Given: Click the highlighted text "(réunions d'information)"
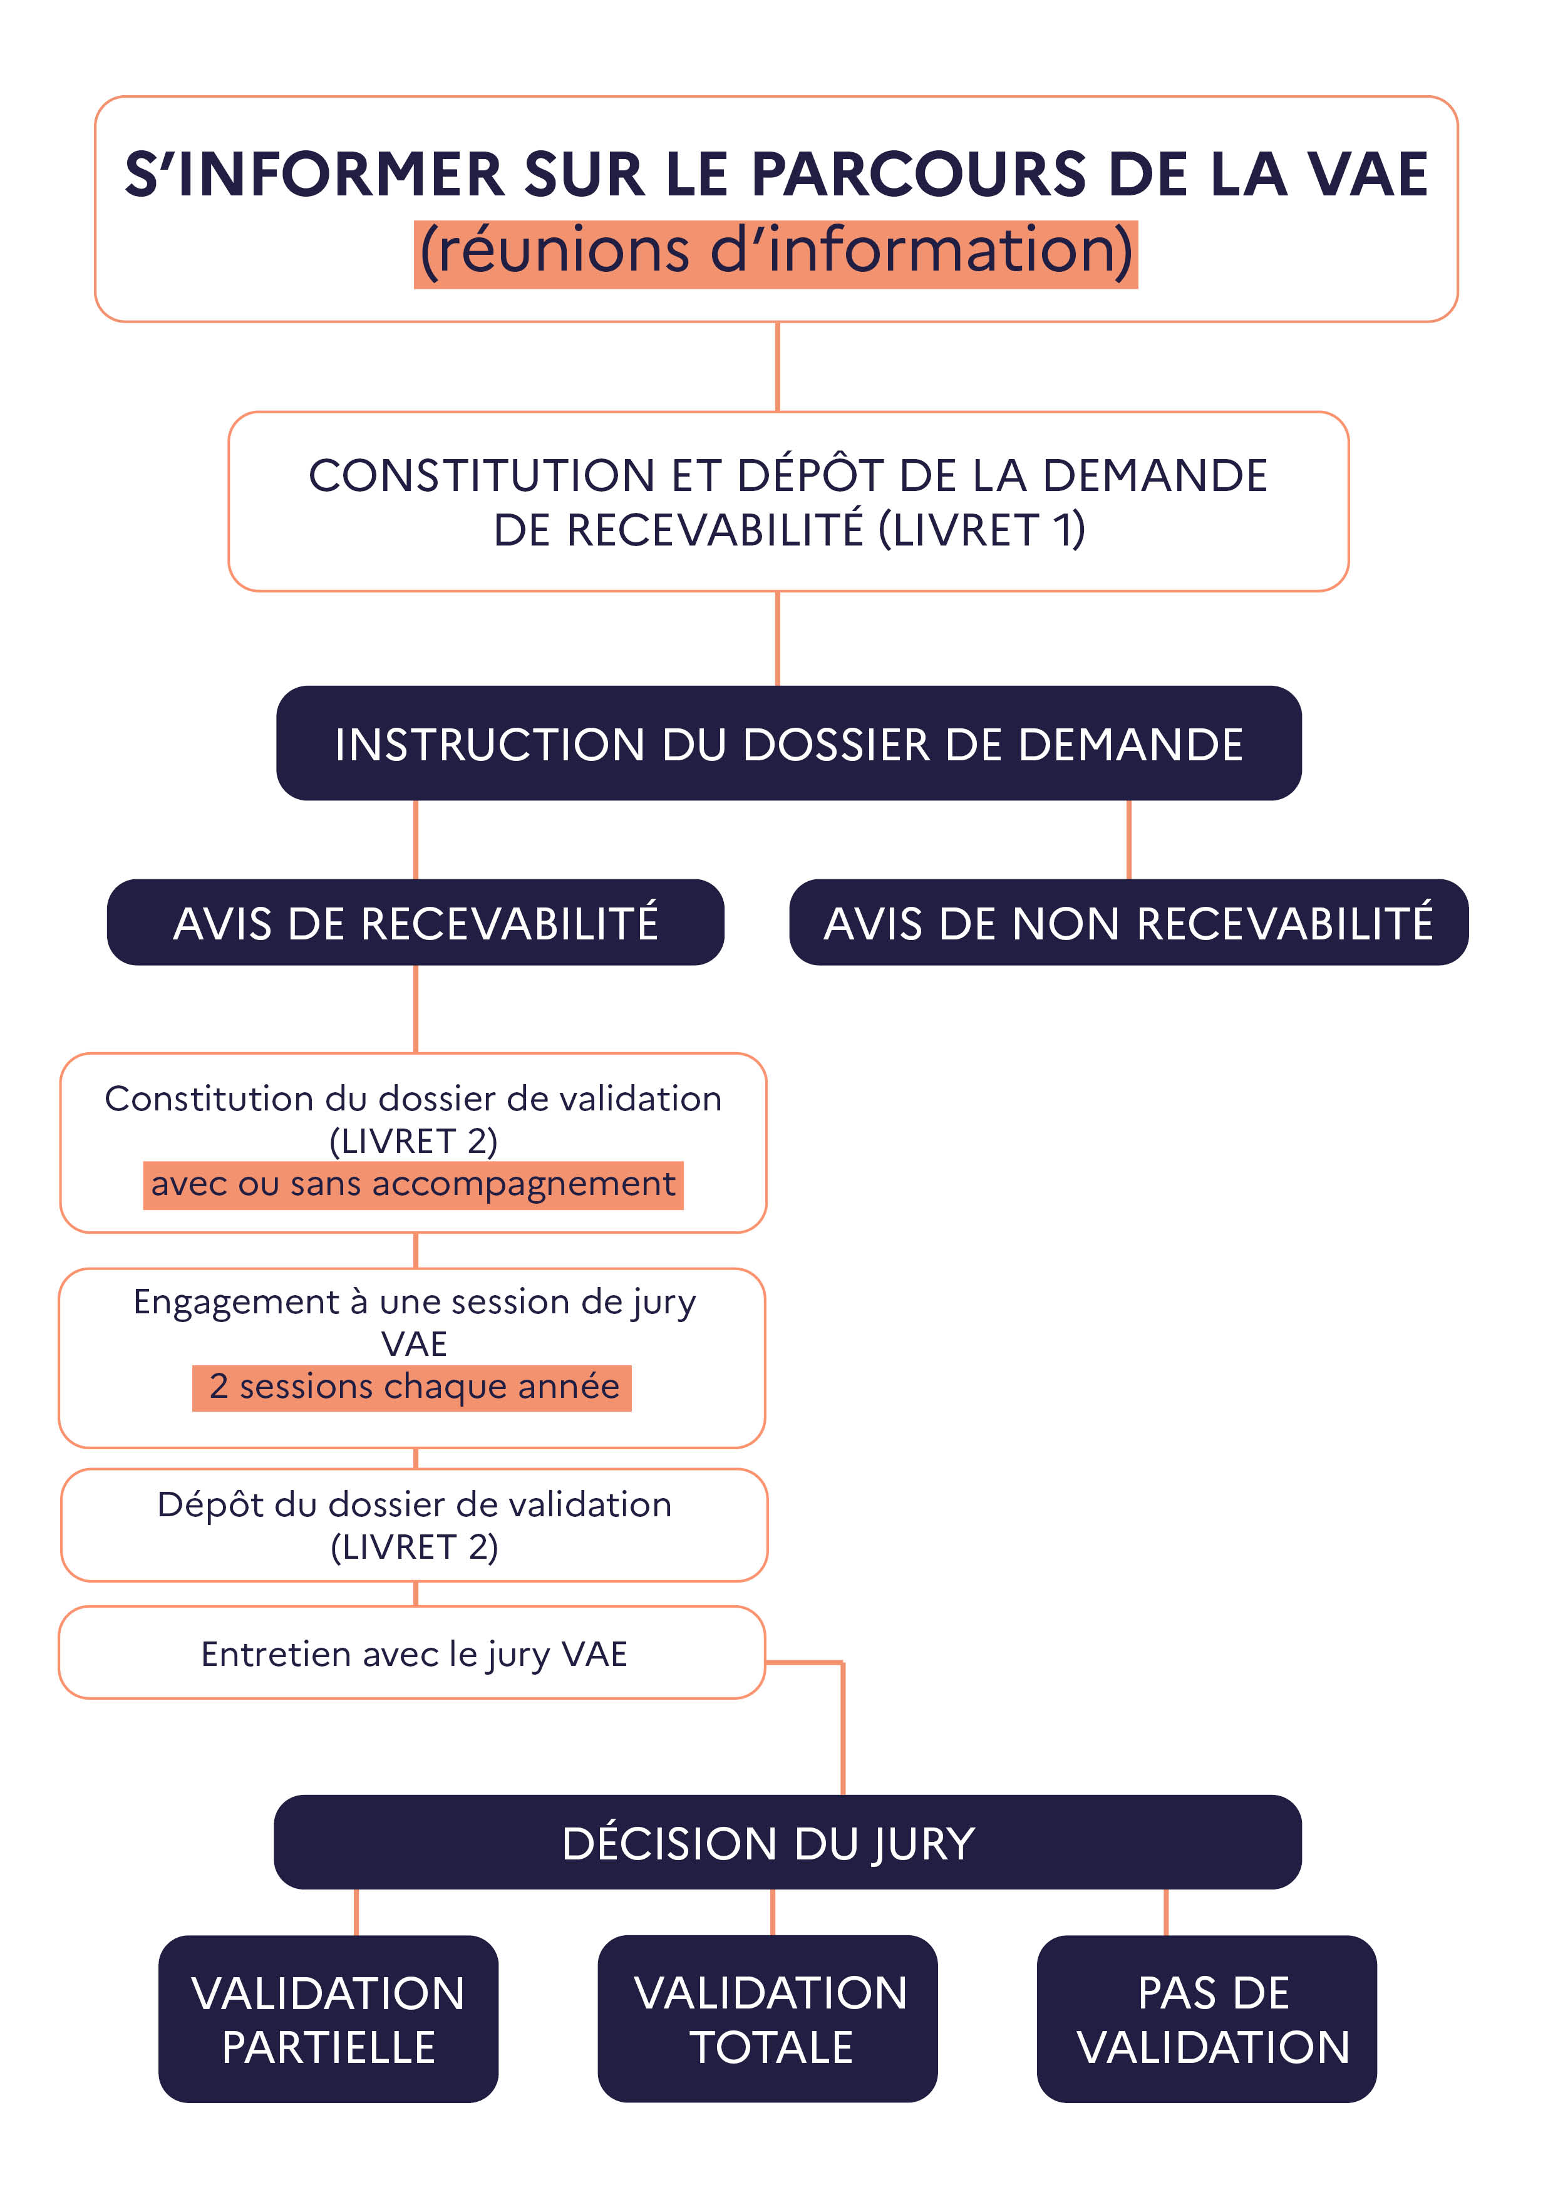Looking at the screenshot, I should tap(776, 252).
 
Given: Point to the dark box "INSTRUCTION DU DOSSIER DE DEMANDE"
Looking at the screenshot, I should tap(788, 743).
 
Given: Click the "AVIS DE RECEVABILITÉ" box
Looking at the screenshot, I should tap(415, 923).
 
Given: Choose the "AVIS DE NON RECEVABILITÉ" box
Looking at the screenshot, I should tap(1128, 923).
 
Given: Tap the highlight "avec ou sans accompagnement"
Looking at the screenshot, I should tap(413, 1185).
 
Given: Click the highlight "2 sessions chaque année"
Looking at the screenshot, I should tap(413, 1387).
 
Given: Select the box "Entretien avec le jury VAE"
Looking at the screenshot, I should tap(413, 1653).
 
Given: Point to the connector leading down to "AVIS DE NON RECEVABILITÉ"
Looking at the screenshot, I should tap(1128, 839).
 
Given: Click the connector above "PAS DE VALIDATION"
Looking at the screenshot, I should tap(1165, 1912).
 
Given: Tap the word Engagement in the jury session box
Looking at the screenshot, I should tap(235, 1302).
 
